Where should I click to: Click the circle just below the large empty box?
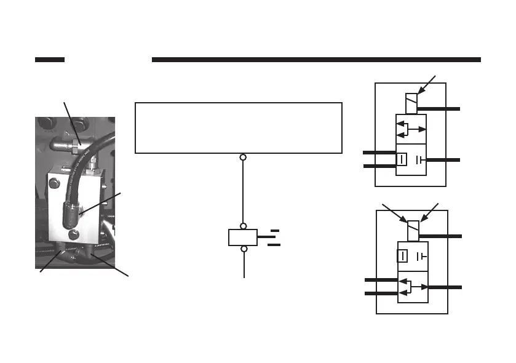[243, 158]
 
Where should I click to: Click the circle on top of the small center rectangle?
[243, 226]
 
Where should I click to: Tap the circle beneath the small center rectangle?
[243, 249]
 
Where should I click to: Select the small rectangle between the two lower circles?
[243, 237]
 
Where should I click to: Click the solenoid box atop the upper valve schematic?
[411, 103]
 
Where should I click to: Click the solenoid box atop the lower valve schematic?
[413, 230]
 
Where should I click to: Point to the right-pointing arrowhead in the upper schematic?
[424, 130]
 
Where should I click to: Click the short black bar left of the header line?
[50, 60]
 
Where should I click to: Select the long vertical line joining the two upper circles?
[243, 192]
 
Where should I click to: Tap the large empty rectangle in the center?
[238, 128]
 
